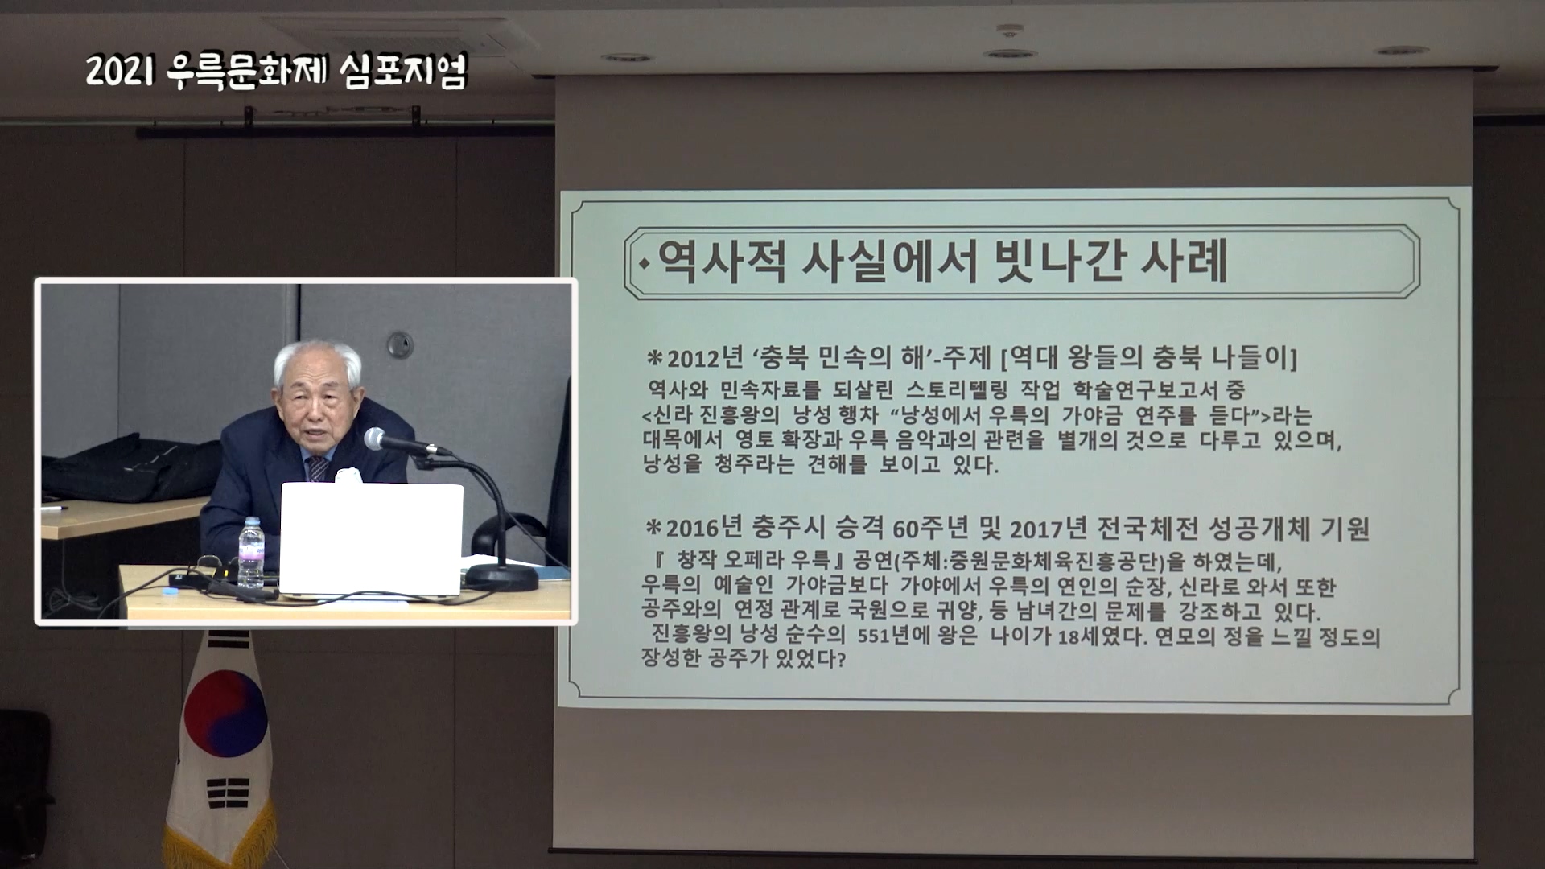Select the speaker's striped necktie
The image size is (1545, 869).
[318, 467]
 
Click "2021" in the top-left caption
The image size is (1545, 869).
[119, 72]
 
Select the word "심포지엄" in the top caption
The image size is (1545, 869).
[402, 72]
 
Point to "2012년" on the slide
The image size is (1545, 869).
[694, 358]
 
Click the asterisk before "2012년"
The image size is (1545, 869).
[655, 357]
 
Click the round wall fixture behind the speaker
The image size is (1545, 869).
[399, 345]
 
